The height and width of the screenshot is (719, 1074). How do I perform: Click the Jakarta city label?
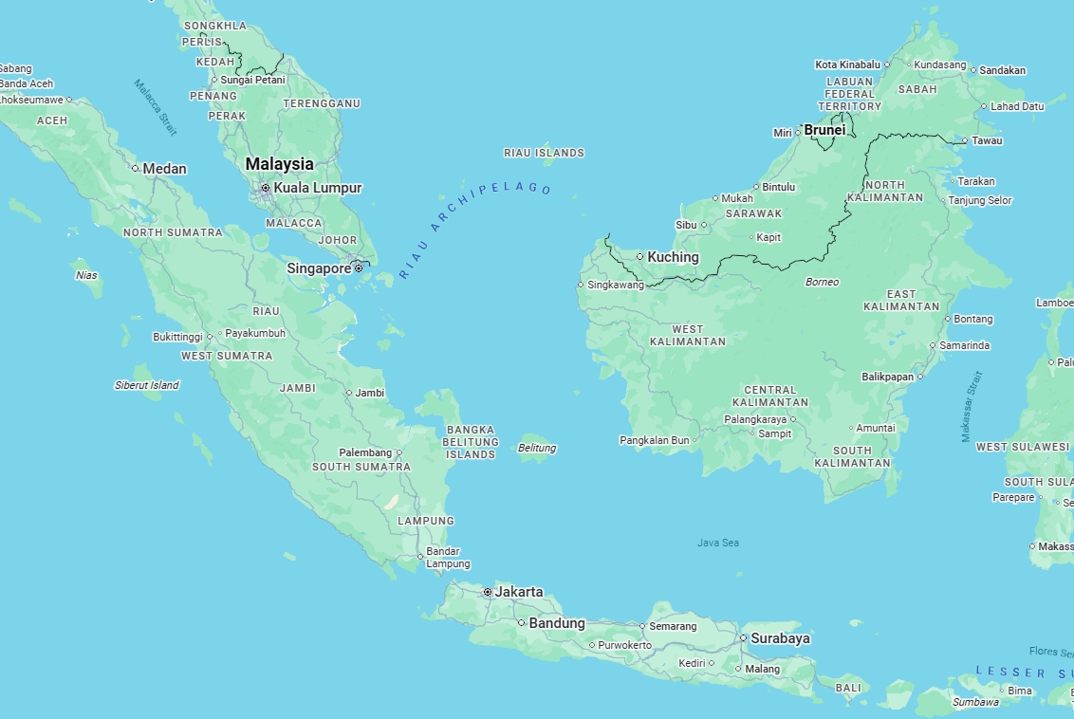click(x=519, y=592)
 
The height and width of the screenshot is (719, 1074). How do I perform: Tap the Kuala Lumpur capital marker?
click(x=266, y=188)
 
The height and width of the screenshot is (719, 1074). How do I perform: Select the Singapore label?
click(x=319, y=268)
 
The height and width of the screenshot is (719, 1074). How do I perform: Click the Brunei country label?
click(x=824, y=130)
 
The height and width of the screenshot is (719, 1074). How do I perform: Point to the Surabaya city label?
click(x=780, y=638)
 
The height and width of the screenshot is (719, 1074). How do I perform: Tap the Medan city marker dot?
click(x=135, y=169)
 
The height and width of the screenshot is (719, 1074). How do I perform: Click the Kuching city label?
click(x=673, y=257)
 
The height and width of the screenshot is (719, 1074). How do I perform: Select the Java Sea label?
click(x=717, y=543)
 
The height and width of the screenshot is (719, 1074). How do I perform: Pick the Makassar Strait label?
click(x=972, y=406)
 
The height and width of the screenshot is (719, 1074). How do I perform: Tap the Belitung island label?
click(x=537, y=448)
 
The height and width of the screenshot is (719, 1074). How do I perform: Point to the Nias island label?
click(x=86, y=275)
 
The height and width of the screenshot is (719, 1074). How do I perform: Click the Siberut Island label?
click(x=146, y=385)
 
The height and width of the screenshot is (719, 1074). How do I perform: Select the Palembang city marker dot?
click(x=398, y=452)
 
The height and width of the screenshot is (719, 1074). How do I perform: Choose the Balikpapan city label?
click(x=887, y=377)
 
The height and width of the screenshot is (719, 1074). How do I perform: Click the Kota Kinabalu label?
click(x=847, y=65)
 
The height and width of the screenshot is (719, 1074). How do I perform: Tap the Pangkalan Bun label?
click(x=654, y=440)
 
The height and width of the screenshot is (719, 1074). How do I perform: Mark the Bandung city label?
click(x=557, y=623)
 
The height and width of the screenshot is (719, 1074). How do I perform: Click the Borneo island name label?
click(x=822, y=282)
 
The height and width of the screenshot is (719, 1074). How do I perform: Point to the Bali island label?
click(x=847, y=688)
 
